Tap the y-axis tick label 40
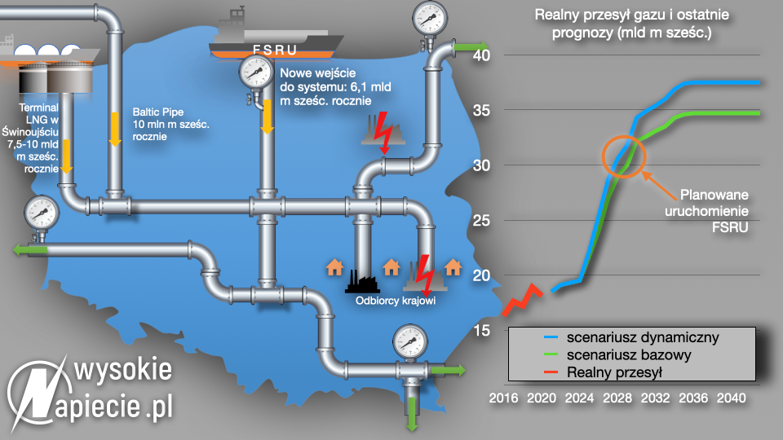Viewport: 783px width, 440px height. [x=481, y=55]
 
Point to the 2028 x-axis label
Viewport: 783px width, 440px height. [x=617, y=398]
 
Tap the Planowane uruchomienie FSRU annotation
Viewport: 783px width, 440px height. [x=706, y=210]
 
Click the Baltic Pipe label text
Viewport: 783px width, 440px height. [x=170, y=124]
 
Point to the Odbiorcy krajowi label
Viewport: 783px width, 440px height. [x=396, y=301]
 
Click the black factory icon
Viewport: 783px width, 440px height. [x=362, y=282]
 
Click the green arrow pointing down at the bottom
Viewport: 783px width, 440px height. [x=412, y=414]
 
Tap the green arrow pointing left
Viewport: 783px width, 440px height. [x=30, y=249]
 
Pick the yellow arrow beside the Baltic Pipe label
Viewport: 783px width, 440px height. [x=115, y=130]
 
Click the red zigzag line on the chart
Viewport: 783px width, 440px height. [x=522, y=299]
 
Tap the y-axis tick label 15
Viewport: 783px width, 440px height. [x=481, y=330]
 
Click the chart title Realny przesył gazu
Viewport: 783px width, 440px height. [x=631, y=24]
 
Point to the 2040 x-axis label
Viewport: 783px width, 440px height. [x=731, y=398]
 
